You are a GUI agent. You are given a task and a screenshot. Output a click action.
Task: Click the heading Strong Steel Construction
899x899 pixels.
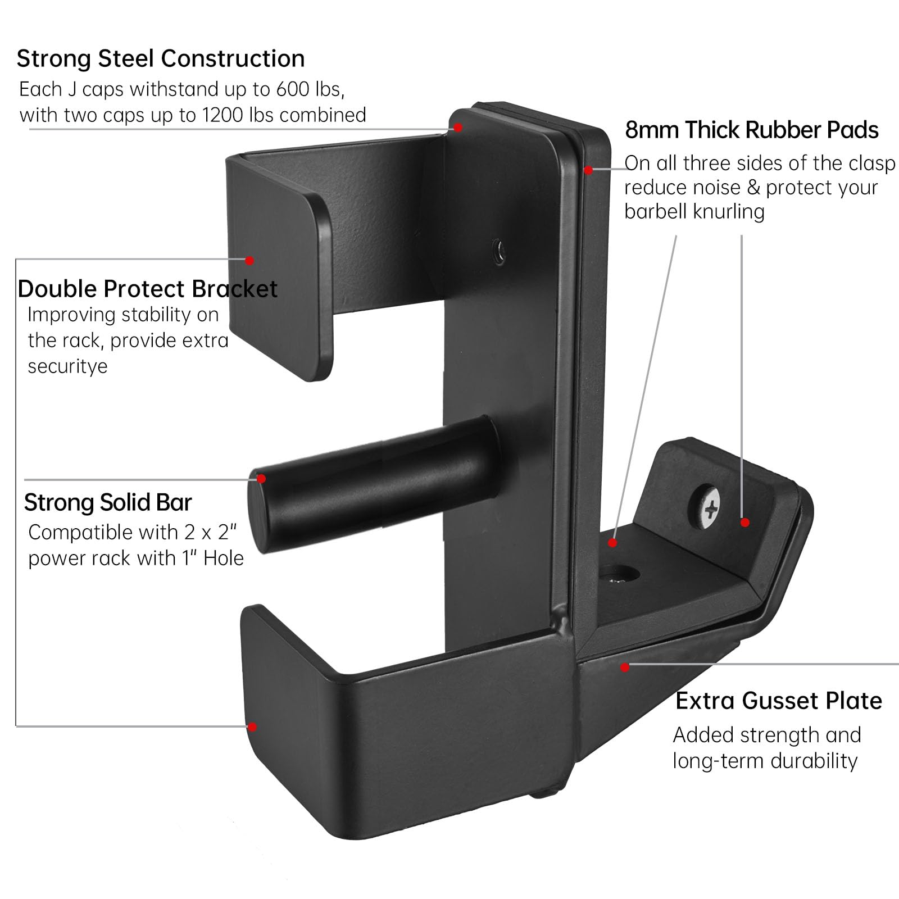tap(161, 58)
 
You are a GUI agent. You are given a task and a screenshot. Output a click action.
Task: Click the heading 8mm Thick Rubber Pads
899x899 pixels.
tap(752, 130)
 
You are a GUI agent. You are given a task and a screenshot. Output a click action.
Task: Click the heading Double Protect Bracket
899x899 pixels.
tap(147, 289)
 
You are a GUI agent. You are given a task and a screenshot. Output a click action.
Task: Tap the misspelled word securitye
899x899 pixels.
tap(67, 366)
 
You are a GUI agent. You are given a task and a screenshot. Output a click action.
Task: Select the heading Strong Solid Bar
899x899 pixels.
tap(108, 502)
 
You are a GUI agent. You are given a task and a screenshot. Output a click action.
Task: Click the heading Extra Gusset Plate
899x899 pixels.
tap(778, 701)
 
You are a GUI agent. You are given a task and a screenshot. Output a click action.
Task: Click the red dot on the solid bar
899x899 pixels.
tap(261, 479)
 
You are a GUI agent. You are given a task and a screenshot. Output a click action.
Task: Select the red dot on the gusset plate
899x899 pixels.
tap(625, 667)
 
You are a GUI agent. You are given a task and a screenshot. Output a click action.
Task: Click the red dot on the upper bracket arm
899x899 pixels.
tap(249, 260)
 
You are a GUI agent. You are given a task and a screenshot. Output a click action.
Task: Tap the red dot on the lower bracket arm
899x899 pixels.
tap(252, 727)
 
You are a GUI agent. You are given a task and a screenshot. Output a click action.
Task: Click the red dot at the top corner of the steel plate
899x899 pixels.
tap(458, 128)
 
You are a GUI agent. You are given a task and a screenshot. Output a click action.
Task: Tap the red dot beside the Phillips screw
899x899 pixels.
tap(745, 523)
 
